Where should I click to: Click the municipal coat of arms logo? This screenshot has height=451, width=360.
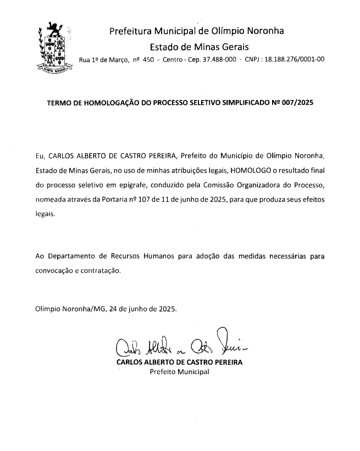53,47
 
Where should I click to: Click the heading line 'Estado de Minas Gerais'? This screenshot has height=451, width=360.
200,46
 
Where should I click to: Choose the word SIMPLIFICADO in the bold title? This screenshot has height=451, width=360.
243,102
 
